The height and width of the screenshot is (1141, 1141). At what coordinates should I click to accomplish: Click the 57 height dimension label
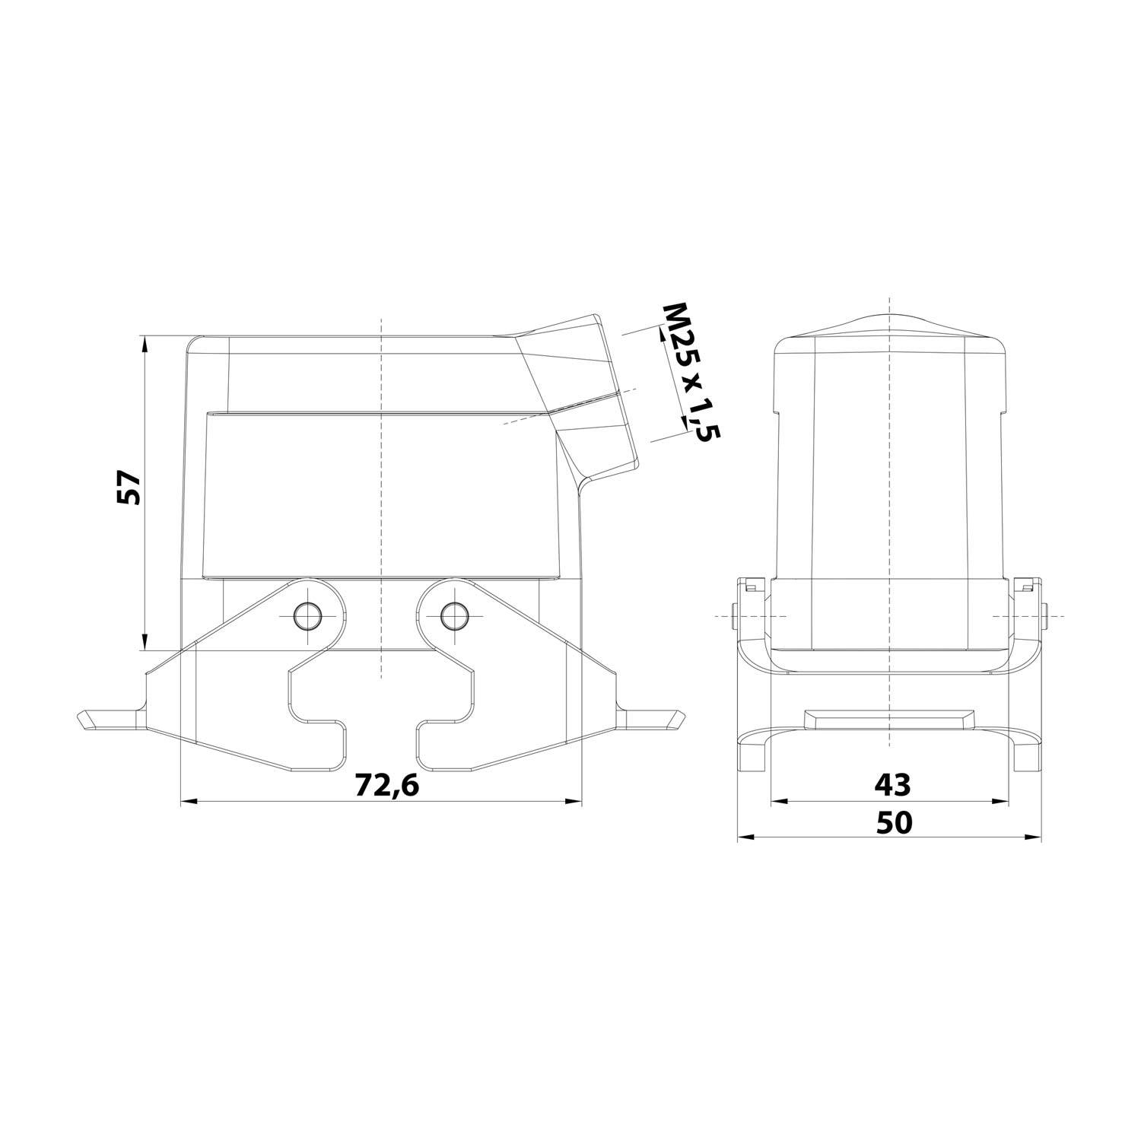click(x=129, y=488)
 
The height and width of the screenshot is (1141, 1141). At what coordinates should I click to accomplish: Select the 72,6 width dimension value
click(x=387, y=786)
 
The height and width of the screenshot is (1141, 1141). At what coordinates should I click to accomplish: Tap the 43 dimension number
click(x=892, y=783)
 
